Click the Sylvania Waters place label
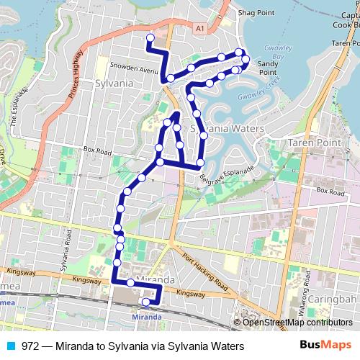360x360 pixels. (225, 127)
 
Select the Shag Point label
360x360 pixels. (256, 12)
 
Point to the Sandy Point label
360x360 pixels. (267, 68)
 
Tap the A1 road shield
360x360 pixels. (200, 27)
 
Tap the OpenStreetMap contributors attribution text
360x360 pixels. (297, 323)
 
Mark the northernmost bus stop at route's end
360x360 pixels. (150, 37)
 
